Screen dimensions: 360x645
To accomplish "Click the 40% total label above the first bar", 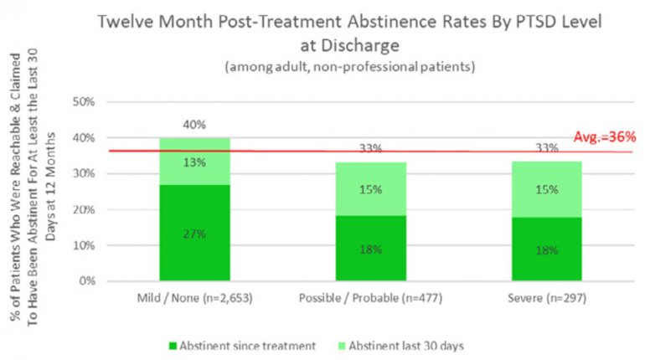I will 194,126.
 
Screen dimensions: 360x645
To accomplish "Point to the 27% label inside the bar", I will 194,235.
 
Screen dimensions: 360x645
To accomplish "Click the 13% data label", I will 194,162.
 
